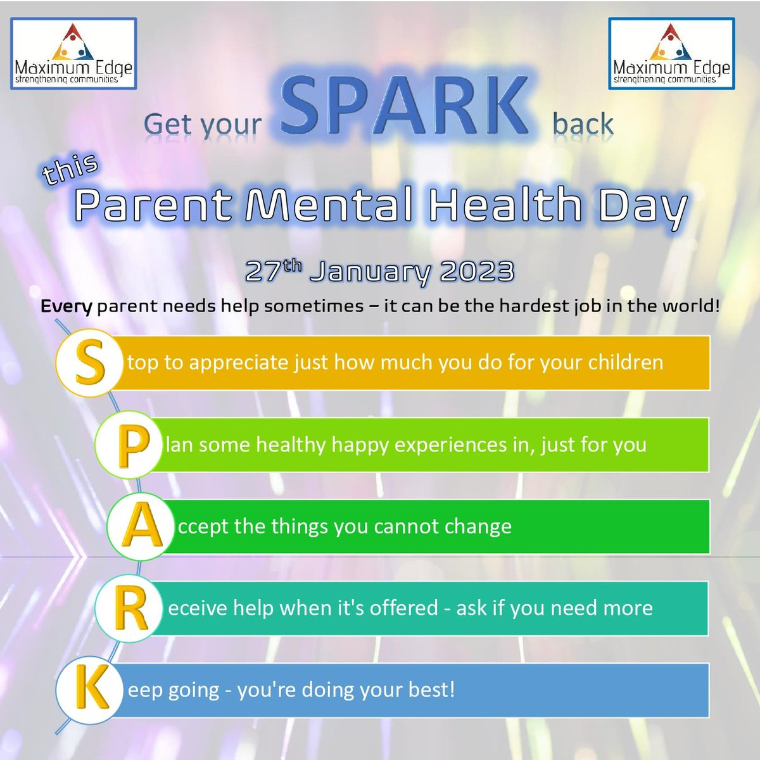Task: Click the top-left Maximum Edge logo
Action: (x=73, y=53)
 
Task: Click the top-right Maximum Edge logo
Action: (x=671, y=53)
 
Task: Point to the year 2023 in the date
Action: (x=476, y=272)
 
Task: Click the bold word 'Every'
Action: (x=66, y=307)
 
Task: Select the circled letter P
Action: (x=131, y=445)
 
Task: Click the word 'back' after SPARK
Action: (x=583, y=124)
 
